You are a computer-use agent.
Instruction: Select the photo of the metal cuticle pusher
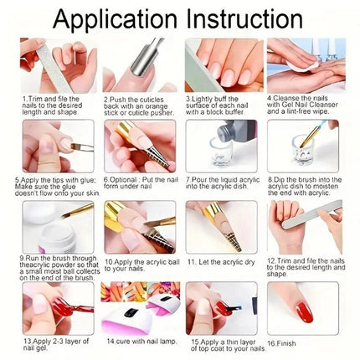tap(134, 64)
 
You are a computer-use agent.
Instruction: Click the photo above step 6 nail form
tap(134, 146)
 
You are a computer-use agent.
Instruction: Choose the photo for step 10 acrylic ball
tap(134, 226)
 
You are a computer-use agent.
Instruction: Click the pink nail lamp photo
tap(134, 307)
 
